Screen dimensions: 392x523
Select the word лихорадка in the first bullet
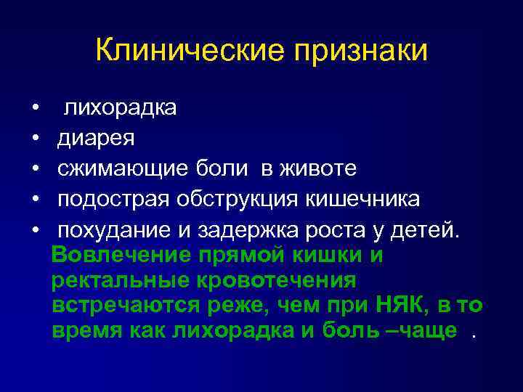(120, 109)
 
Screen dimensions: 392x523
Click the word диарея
(96, 139)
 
